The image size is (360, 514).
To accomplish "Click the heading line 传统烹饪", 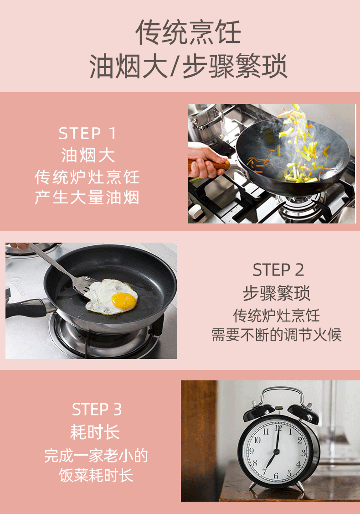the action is click(188, 32).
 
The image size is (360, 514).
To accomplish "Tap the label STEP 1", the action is click(87, 134).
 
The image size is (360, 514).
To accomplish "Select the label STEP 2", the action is click(278, 270).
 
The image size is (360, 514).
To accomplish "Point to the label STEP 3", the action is click(97, 410).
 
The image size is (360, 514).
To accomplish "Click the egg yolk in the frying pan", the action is click(124, 301).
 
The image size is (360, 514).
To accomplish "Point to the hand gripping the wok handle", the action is click(206, 161).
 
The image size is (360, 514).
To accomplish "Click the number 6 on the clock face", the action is click(276, 476).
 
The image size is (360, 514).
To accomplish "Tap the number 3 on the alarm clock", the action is click(303, 453).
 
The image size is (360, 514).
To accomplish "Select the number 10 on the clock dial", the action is click(257, 440).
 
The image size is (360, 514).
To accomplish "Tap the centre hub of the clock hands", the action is click(276, 452).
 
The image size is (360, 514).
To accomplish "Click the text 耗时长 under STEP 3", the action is click(95, 432).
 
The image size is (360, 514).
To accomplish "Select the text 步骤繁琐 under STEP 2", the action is click(277, 293).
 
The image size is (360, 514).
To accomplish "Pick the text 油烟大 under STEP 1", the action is click(88, 155).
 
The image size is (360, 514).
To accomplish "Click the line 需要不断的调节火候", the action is click(277, 335).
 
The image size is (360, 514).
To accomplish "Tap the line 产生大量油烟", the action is click(87, 197).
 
